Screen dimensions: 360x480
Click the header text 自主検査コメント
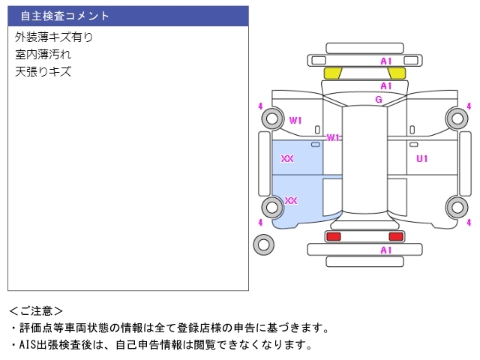coord(64,16)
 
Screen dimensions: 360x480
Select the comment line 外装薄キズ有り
coord(54,37)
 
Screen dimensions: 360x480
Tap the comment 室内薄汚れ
coord(43,55)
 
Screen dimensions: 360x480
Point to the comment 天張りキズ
coord(43,72)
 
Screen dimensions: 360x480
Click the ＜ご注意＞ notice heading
coord(36,310)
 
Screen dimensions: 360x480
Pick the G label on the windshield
coord(379,100)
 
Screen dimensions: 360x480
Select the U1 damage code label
coord(422,158)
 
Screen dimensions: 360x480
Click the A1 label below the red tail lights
coord(386,250)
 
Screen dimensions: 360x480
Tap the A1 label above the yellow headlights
coord(386,61)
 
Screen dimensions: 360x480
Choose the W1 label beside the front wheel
coord(295,120)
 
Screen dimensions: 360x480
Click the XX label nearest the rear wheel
coord(291,201)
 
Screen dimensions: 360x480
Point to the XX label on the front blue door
coord(287,159)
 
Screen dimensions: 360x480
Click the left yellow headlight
coord(332,73)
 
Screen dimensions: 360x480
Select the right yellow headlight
coord(397,73)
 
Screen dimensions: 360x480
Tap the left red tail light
coord(333,236)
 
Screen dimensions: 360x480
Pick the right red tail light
coord(395,236)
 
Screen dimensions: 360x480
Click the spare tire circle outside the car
coord(264,244)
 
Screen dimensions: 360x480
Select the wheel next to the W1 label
coord(271,118)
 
